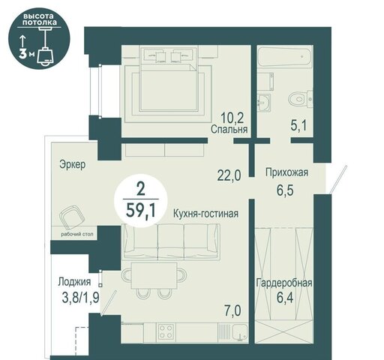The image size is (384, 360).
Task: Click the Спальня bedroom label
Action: click(229, 129)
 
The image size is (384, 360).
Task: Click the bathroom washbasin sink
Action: click(265, 102)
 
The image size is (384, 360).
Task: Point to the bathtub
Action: click(284, 58)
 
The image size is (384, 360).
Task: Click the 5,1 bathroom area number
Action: click(298, 125)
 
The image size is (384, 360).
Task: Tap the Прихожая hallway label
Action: click(286, 172)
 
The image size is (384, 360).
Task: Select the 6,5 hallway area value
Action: click(285, 190)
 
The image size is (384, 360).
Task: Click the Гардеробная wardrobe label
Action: click(284, 283)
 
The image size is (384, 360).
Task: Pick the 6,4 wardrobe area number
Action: click(285, 298)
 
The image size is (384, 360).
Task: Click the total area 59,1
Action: click(141, 211)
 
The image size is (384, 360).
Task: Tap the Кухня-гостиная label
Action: click(205, 214)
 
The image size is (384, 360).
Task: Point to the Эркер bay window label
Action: click(73, 164)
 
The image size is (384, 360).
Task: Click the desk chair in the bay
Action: click(72, 217)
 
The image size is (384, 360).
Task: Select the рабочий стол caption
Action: click(77, 234)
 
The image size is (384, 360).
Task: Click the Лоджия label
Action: click(74, 282)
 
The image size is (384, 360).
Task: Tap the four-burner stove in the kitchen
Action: click(166, 331)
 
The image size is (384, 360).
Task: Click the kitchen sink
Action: click(239, 332)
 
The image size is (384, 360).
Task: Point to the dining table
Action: click(154, 275)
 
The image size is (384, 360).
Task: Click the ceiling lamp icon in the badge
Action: click(46, 51)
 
